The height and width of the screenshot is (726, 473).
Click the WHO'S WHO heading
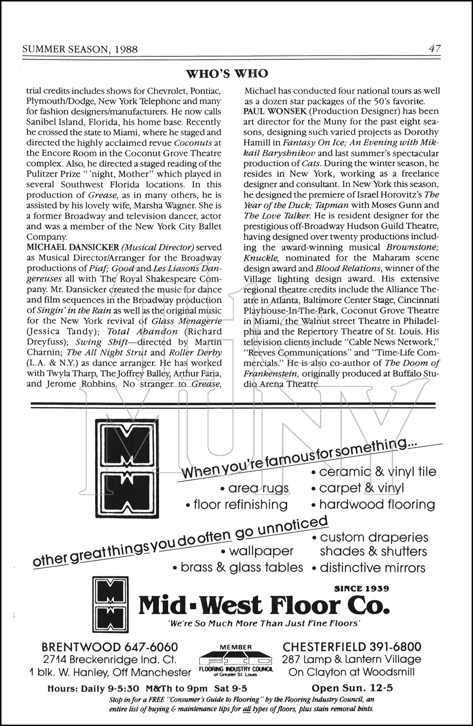click(x=227, y=74)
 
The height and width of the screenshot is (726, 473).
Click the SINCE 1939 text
click(x=362, y=589)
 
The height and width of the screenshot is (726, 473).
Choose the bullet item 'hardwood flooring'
click(x=377, y=504)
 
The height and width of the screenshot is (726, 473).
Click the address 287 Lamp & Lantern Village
click(x=351, y=659)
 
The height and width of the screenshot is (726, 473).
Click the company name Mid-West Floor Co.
click(x=263, y=605)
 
